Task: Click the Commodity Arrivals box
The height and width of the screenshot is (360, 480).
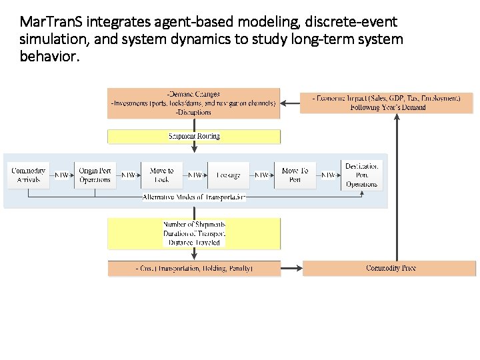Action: click(x=29, y=175)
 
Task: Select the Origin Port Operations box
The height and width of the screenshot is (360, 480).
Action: click(x=95, y=175)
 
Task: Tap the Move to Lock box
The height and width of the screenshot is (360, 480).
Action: click(x=161, y=175)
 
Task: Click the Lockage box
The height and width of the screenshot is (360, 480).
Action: click(x=228, y=175)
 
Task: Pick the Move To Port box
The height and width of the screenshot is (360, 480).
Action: click(x=295, y=175)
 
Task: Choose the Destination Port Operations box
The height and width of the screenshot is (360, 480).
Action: click(x=362, y=175)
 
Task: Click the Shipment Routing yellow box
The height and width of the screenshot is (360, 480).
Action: click(x=194, y=136)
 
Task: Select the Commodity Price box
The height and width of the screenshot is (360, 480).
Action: click(x=390, y=268)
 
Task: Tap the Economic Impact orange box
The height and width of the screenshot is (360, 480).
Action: click(x=386, y=103)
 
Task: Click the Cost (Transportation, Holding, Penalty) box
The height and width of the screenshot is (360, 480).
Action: click(x=194, y=268)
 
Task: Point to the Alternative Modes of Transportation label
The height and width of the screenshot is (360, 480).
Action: click(x=194, y=197)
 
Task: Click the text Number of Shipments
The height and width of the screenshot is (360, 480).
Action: click(x=194, y=225)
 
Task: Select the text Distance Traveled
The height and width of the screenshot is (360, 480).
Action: click(x=194, y=242)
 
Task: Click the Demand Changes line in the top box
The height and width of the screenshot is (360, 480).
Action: click(x=193, y=95)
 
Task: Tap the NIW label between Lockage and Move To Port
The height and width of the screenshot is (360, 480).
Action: click(x=262, y=175)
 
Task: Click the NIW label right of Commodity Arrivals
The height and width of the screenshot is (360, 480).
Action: click(x=61, y=175)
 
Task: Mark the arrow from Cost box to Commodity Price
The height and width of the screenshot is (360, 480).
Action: click(x=291, y=268)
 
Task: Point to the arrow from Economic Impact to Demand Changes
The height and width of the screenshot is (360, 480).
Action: click(x=290, y=103)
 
